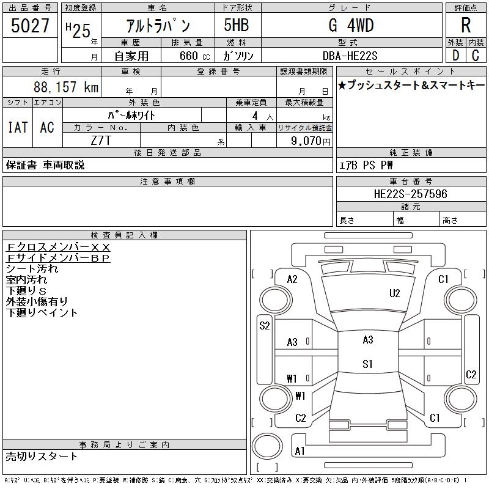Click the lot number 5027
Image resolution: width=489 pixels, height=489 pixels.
pyautogui.click(x=31, y=26)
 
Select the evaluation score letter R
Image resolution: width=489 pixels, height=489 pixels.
pyautogui.click(x=466, y=26)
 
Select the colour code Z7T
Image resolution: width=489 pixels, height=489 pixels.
pyautogui.click(x=101, y=140)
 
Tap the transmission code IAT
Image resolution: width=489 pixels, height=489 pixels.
pyautogui.click(x=17, y=127)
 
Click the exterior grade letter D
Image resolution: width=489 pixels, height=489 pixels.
pyautogui.click(x=455, y=56)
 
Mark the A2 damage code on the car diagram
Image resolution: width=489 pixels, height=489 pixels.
pyautogui.click(x=292, y=279)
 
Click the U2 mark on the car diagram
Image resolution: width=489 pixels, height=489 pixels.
pyautogui.click(x=395, y=293)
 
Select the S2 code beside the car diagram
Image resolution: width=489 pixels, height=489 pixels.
pyautogui.click(x=264, y=326)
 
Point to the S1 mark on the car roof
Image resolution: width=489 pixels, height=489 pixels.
pyautogui.click(x=367, y=364)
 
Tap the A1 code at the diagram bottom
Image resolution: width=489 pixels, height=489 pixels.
pyautogui.click(x=300, y=451)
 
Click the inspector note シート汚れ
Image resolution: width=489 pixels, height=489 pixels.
pyautogui.click(x=32, y=268)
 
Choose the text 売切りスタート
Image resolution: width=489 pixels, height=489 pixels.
pyautogui.click(x=42, y=456)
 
